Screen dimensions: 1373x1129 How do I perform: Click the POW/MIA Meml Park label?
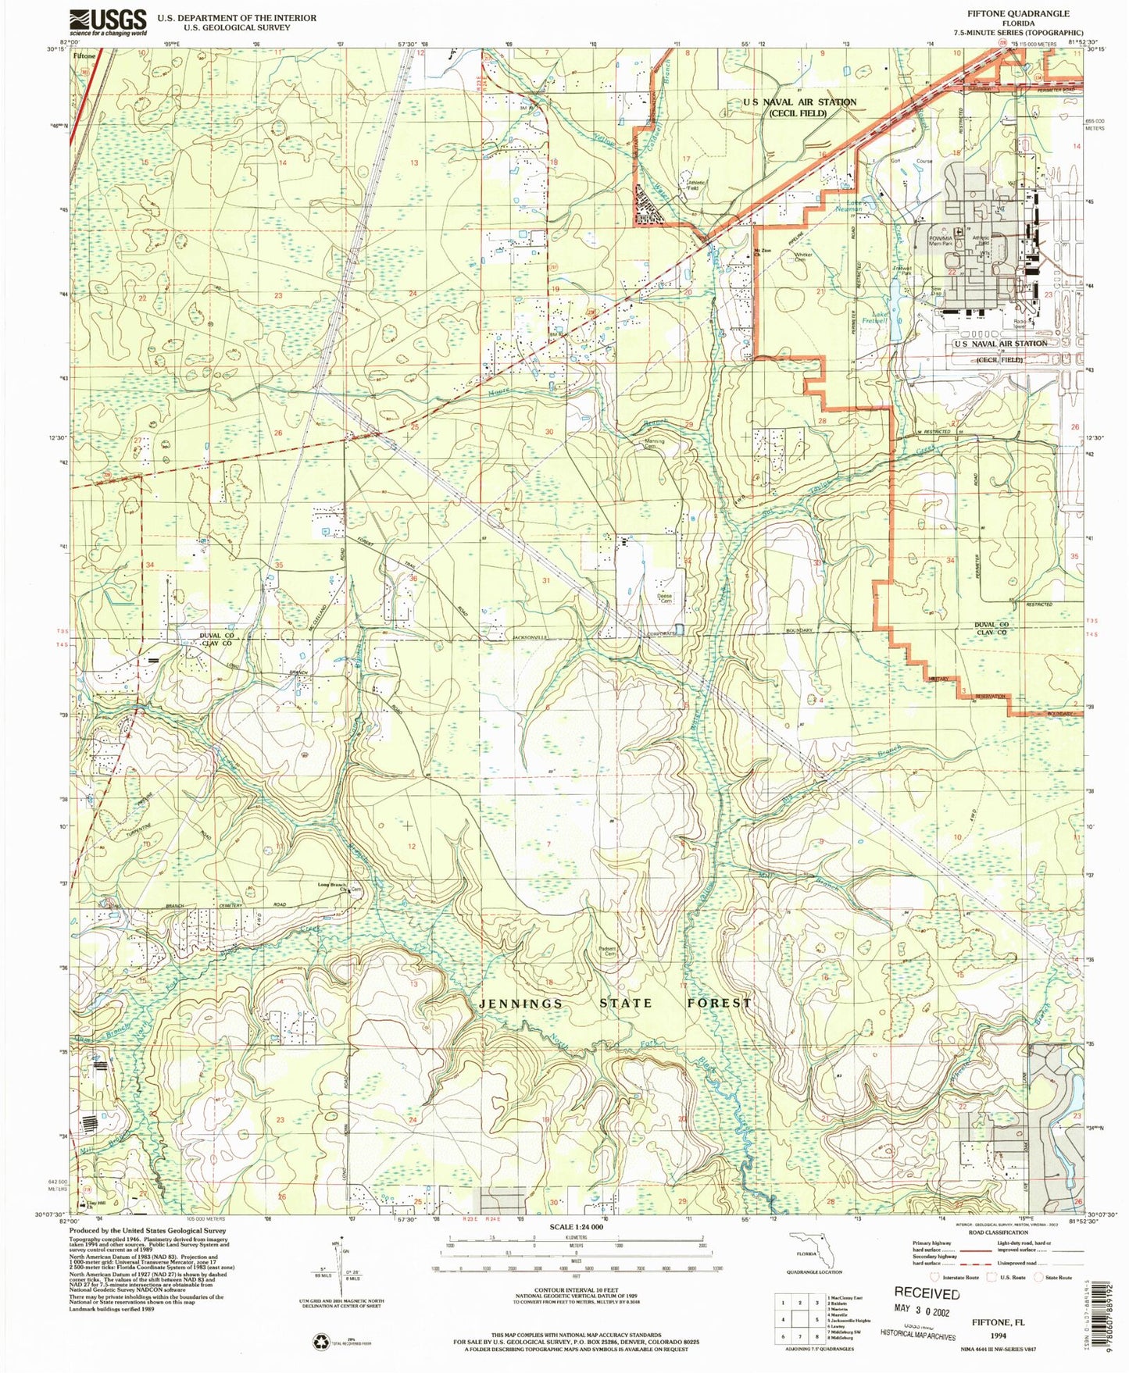click(941, 241)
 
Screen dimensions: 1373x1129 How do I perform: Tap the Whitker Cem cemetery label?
click(803, 257)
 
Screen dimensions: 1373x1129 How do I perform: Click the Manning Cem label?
click(655, 444)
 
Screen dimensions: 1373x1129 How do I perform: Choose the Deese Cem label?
click(664, 598)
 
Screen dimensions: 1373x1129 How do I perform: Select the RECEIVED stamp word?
click(927, 1293)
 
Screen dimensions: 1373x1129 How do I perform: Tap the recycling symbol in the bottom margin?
click(321, 1342)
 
